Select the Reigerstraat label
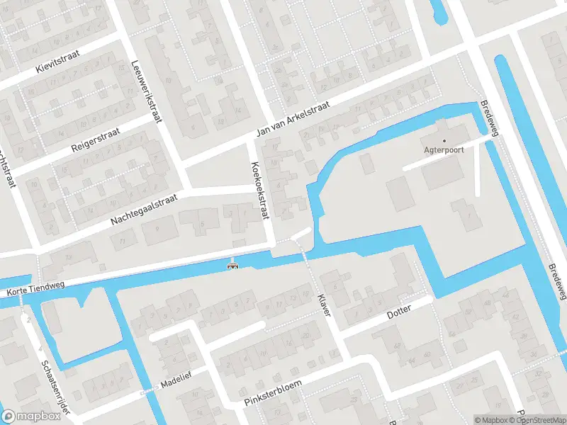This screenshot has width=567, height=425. [x=97, y=139]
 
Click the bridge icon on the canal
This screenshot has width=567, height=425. [x=232, y=266]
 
